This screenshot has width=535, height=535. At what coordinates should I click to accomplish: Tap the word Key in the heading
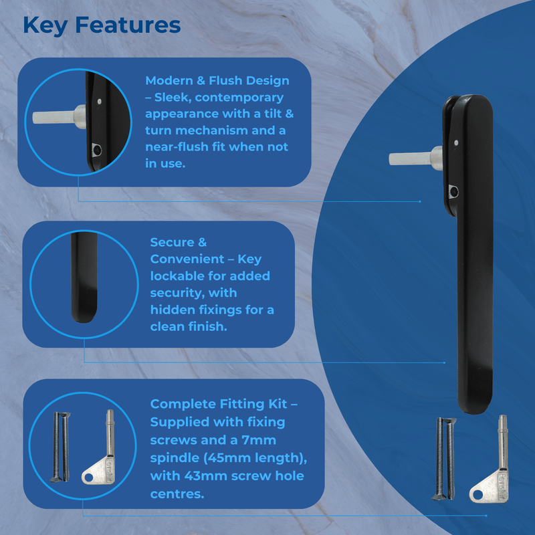pos(45,25)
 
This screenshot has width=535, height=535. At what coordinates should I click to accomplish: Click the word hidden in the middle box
pos(173,310)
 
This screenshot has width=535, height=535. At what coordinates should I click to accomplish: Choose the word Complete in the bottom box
pos(182,404)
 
